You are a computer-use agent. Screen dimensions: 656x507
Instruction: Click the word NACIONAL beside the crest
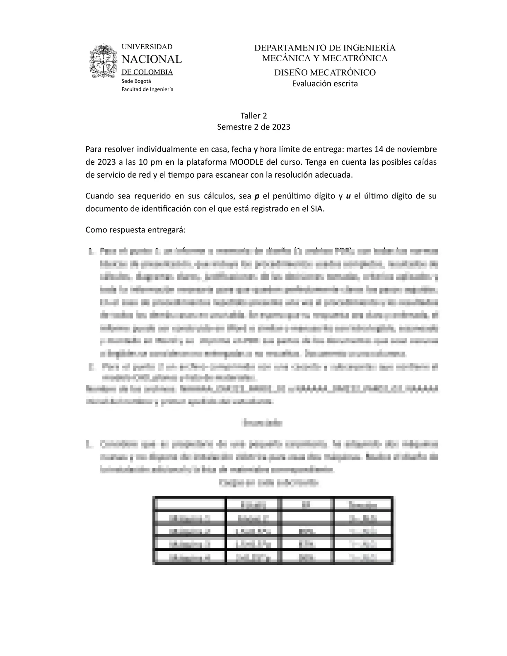pyautogui.click(x=151, y=59)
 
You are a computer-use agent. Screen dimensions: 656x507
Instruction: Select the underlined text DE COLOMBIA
pyautogui.click(x=147, y=72)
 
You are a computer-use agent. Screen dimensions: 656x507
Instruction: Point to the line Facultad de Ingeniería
pyautogui.click(x=147, y=89)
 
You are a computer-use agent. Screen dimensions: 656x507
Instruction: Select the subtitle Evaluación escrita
pyautogui.click(x=325, y=84)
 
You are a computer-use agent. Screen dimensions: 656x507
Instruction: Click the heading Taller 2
pyautogui.click(x=254, y=116)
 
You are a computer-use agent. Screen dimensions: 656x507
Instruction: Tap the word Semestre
pyautogui.click(x=234, y=127)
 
